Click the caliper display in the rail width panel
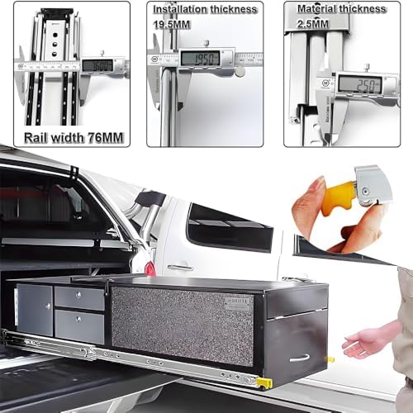pos(97,65)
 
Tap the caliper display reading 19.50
pos(199,58)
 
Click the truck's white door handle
pos(179,267)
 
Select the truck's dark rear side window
pos(229,227)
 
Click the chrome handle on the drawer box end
pos(299,358)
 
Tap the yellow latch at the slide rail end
pos(263,382)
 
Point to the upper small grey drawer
pos(79,298)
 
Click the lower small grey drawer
pos(79,326)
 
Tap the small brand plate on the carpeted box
pos(236,303)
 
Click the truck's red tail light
pos(150,268)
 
